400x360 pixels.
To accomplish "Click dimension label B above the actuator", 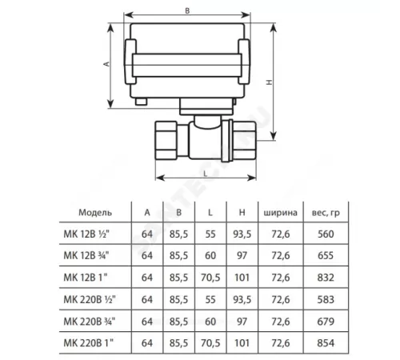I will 186,12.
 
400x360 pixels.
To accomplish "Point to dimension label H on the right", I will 270,82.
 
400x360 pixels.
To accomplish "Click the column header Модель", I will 96,213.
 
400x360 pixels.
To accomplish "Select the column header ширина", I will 279,213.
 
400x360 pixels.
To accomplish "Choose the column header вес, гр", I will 325,213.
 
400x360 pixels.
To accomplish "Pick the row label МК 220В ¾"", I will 96,321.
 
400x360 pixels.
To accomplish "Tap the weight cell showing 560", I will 325,234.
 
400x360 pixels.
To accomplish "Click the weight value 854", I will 325,342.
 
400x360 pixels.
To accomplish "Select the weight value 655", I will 325,256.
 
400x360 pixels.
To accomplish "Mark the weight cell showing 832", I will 325,278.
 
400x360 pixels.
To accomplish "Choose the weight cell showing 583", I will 325,299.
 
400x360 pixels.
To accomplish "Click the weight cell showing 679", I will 325,321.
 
